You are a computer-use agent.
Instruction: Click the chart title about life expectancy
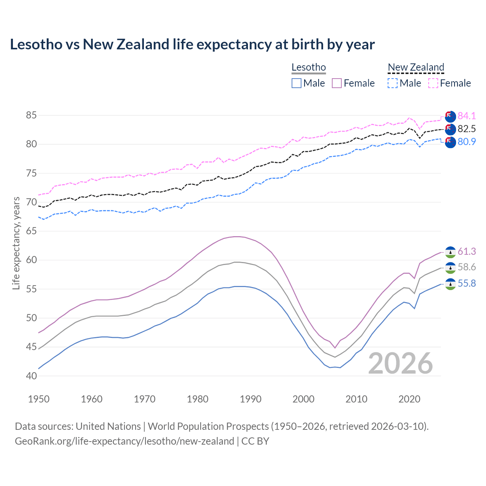tap(192, 44)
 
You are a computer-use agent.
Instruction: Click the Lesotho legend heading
tap(308, 68)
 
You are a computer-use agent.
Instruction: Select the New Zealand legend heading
tap(416, 68)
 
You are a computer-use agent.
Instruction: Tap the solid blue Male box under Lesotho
tap(297, 83)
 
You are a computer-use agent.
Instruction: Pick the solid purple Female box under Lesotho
tap(337, 83)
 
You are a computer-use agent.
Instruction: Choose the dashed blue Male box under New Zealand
tap(393, 83)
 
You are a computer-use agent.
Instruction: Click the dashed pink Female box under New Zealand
tap(433, 83)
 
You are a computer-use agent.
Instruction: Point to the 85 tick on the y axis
tap(31, 115)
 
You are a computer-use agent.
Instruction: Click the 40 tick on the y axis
tap(31, 376)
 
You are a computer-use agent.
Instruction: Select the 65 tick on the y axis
tap(31, 231)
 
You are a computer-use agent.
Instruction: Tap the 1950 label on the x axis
tap(39, 399)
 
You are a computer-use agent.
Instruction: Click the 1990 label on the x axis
tap(251, 399)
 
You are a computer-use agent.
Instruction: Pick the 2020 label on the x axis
tap(409, 399)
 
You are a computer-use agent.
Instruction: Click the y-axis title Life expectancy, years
tap(16, 243)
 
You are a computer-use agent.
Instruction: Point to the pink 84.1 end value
tap(467, 116)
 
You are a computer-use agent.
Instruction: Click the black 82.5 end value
tap(467, 129)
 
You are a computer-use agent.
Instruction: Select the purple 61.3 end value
tap(467, 251)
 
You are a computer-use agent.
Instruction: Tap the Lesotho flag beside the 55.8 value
tap(450, 284)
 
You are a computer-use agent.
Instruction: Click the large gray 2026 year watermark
tap(401, 363)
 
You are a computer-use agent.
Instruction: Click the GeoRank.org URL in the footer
tap(125, 441)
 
